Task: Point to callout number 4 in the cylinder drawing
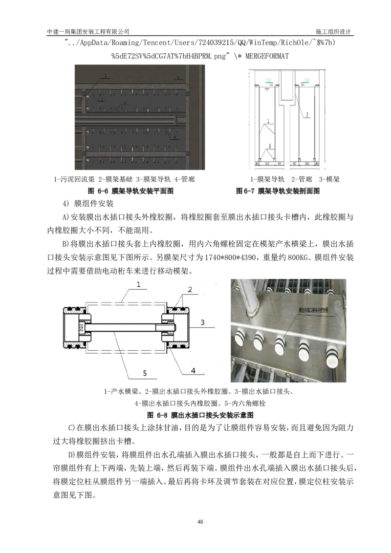coord(193,371)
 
